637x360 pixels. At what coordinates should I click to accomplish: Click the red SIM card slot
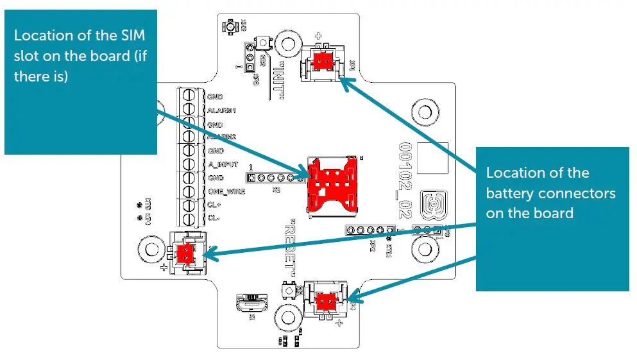[331, 184]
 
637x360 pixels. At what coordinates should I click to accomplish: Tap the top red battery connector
[321, 61]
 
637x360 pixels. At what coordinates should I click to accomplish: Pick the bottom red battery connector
[324, 300]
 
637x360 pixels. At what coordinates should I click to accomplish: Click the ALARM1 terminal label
[222, 110]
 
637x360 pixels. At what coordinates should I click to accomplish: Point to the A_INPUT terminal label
[223, 164]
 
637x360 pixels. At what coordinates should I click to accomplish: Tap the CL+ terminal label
[215, 205]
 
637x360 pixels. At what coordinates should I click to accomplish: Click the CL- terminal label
[214, 218]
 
